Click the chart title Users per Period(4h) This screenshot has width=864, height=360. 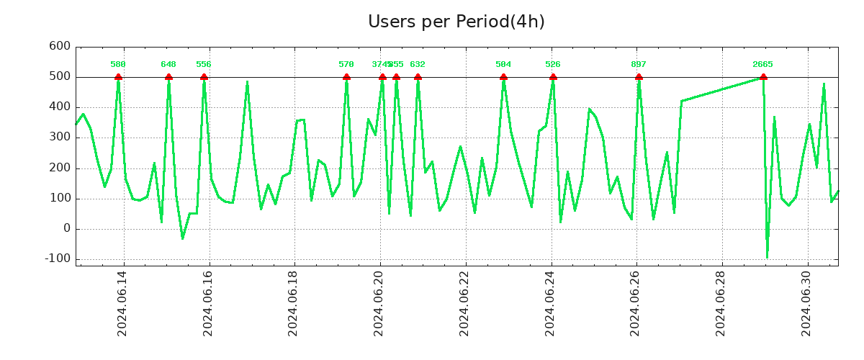[x=456, y=22]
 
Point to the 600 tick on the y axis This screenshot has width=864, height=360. [x=60, y=47]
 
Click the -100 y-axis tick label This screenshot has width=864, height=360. [x=57, y=259]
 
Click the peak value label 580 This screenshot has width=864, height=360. [x=118, y=65]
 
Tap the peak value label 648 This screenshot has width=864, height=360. [x=168, y=65]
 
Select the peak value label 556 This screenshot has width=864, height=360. [x=204, y=65]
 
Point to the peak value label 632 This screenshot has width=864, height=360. [x=418, y=65]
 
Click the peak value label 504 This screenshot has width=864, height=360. [x=503, y=65]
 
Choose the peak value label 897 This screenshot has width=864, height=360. [x=639, y=65]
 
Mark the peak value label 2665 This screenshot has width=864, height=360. [x=762, y=65]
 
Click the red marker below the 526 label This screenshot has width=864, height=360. [x=553, y=77]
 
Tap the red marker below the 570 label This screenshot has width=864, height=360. [x=346, y=77]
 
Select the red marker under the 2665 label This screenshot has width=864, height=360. [x=763, y=77]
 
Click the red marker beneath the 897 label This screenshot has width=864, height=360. [x=639, y=77]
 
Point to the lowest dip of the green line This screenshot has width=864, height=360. [x=768, y=257]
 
